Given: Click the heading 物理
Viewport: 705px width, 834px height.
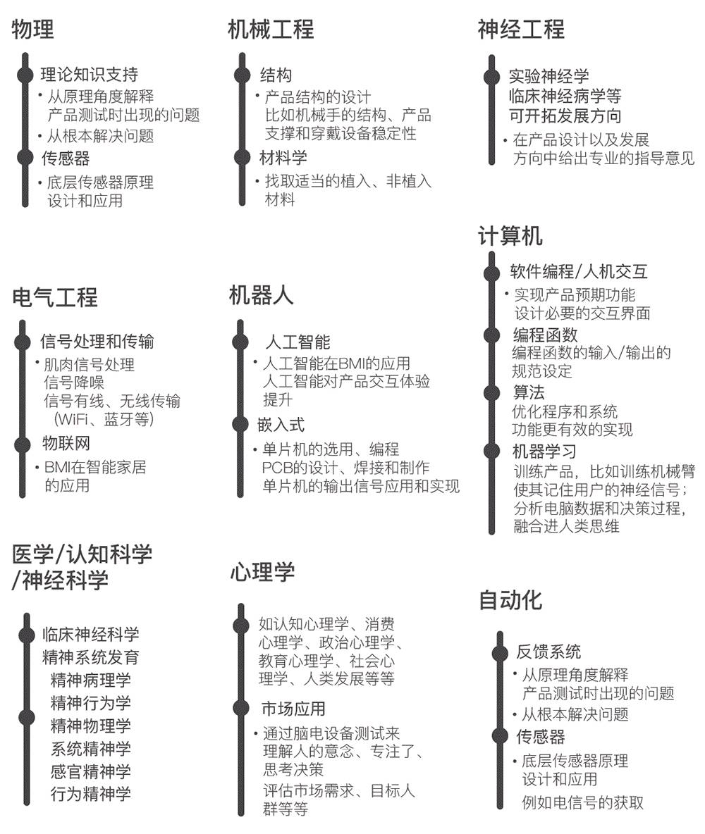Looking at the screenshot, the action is click(x=33, y=30).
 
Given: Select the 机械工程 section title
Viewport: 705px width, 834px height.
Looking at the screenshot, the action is click(x=271, y=30).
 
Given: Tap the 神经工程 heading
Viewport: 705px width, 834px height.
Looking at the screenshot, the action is click(x=521, y=30).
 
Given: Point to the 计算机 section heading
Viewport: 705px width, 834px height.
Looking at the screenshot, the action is click(x=510, y=236).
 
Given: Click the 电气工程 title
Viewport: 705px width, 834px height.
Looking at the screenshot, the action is click(x=55, y=297).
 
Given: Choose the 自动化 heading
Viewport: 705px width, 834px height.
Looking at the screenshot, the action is click(x=510, y=599).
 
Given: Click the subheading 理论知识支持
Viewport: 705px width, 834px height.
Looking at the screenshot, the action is click(x=89, y=75).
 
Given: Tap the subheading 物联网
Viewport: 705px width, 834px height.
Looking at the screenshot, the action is click(x=66, y=444).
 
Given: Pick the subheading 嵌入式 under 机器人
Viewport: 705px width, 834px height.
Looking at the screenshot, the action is click(x=281, y=425).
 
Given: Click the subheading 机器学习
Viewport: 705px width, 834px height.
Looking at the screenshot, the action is click(x=544, y=451).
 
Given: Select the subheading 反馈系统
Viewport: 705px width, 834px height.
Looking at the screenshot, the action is click(x=548, y=652).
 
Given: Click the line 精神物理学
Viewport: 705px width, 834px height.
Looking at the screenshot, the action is click(x=91, y=726).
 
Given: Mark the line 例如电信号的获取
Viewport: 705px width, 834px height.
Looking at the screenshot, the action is click(x=582, y=802).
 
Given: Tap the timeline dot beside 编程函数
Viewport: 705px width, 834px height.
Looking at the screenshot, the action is click(x=491, y=335).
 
